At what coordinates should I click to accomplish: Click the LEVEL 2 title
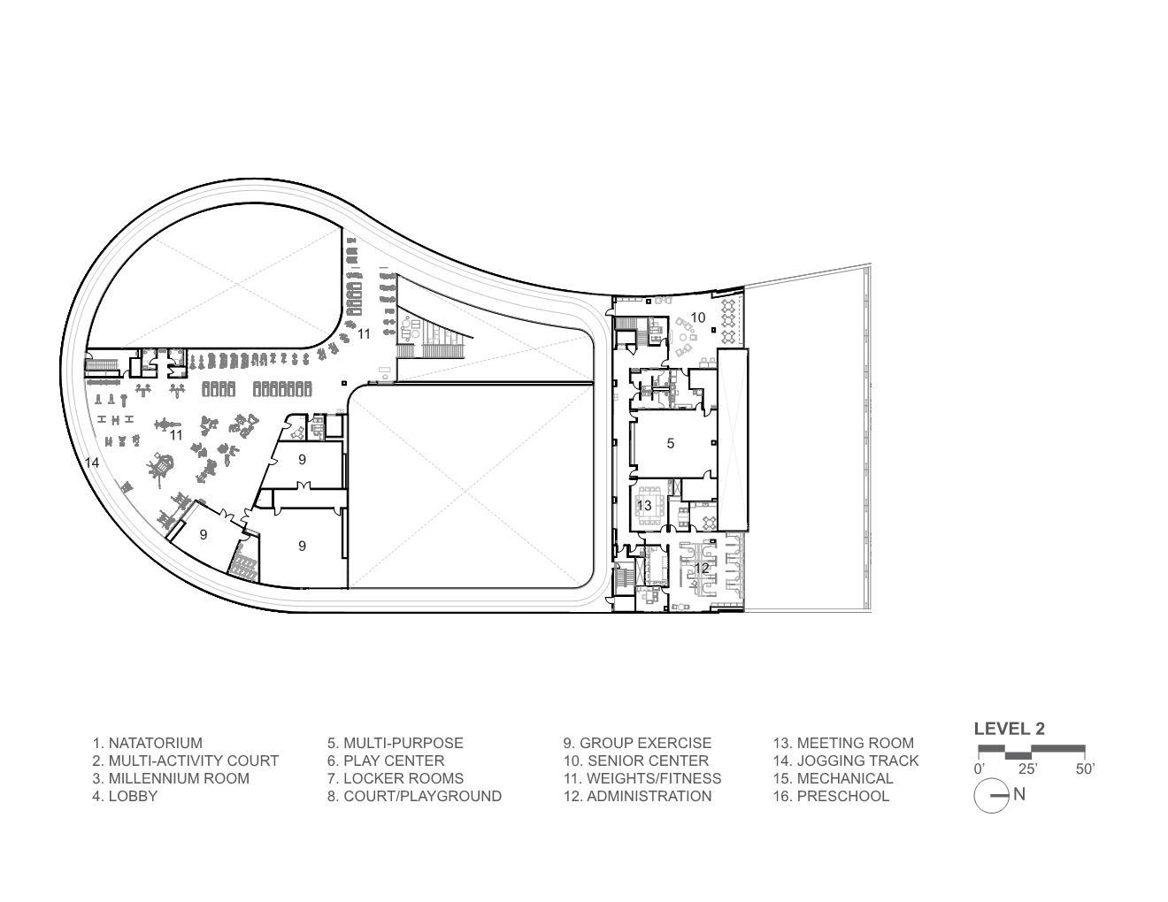1010,729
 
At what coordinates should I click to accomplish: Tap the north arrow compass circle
991,795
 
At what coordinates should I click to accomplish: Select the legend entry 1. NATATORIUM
147,743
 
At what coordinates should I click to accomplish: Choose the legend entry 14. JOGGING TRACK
846,761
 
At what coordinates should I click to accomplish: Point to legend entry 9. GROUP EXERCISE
637,743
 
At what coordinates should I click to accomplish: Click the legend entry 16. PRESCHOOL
831,796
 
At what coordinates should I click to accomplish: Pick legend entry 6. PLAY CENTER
386,761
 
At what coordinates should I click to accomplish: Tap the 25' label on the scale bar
1027,769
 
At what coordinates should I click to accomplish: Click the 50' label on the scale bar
1085,769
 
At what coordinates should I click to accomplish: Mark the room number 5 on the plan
670,443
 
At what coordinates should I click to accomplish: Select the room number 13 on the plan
644,505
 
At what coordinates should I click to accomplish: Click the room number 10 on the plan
697,317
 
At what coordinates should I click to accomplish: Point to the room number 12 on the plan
702,568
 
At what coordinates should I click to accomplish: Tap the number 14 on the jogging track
92,462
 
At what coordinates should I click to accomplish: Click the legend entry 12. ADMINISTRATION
637,796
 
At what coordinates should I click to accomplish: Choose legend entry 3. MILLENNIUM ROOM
171,778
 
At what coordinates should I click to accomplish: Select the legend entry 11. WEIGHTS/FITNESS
642,778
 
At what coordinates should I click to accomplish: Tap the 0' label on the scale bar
979,769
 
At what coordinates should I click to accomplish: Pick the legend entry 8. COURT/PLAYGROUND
414,796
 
